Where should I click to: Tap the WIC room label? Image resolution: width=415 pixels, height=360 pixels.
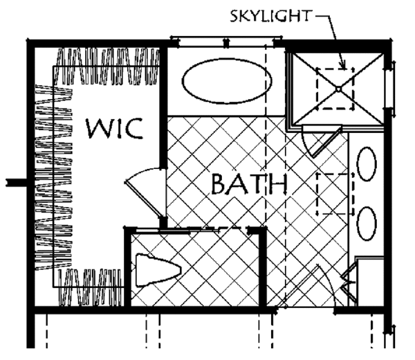coord(115,129)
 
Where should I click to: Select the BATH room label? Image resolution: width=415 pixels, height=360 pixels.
coord(249,184)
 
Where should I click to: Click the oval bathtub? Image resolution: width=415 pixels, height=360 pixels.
coord(227,81)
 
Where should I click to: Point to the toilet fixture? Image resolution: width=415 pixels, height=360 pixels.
coord(158,270)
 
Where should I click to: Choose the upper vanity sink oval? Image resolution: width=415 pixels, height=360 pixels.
coord(367,164)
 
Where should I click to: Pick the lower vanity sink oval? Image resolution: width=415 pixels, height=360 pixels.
coord(367,224)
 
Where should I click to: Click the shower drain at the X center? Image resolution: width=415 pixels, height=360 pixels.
coord(338,89)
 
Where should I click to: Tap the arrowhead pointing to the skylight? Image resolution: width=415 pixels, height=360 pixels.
coord(343,66)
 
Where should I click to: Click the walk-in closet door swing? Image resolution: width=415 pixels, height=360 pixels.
coord(143,190)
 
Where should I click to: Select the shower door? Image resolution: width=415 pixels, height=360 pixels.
coord(322,142)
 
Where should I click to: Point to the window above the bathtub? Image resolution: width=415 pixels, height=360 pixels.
coord(226,42)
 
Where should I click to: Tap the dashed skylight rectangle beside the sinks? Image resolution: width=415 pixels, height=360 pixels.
coord(335,194)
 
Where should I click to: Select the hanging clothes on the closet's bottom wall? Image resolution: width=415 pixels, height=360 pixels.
coord(90,287)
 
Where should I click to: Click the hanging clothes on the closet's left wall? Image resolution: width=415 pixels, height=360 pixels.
coord(54,177)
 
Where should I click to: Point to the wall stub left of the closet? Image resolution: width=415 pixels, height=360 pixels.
coord(17,183)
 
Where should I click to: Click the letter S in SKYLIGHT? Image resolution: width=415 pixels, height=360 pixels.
coord(234,17)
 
